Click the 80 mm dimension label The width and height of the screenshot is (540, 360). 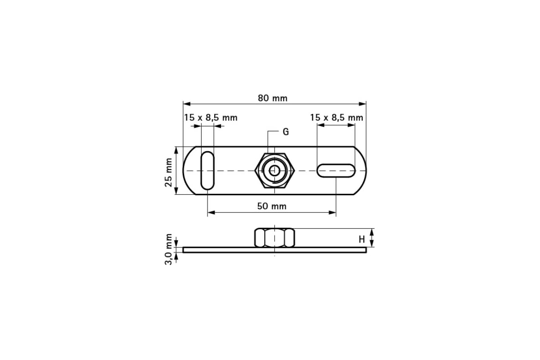[272, 98]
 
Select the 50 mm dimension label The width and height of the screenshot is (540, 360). [272, 206]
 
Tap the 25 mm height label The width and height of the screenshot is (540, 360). [169, 172]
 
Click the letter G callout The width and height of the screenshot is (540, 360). [285, 132]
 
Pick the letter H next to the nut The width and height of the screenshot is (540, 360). [361, 239]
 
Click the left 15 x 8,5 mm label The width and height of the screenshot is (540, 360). [210, 117]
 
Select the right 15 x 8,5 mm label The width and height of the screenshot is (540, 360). [336, 117]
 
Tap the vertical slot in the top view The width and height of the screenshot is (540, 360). [207, 171]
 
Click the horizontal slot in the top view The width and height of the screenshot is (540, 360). [336, 171]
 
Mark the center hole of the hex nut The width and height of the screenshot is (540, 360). [274, 171]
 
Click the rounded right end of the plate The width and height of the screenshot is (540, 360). [363, 171]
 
